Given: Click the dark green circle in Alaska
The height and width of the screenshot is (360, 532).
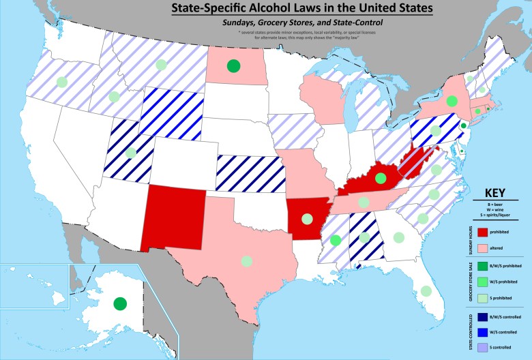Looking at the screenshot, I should pos(120,303).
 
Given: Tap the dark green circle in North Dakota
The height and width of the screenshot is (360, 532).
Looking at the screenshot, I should pos(233,66).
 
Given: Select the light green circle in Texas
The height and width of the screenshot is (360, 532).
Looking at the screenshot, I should pos(247,260).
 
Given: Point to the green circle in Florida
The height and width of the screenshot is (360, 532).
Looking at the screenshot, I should pos(426,290).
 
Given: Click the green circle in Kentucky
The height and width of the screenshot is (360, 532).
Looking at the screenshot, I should pos(381,179).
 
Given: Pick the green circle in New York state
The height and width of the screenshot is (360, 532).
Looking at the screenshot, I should pos(451,102).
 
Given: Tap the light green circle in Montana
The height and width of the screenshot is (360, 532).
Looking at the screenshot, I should pos(162,65).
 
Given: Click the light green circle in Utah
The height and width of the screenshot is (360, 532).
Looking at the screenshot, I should pos(130,153).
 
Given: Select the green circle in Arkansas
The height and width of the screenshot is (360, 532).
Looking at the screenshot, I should pos(308,220).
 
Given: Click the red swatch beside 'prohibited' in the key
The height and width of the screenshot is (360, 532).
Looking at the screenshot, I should pos(484,232).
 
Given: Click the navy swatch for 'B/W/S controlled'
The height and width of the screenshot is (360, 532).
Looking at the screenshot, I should pos(484,317).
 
